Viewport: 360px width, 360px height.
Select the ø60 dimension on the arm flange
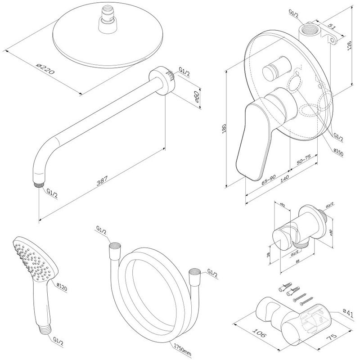(x=196, y=99)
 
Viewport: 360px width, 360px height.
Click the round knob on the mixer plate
(x=275, y=67)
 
